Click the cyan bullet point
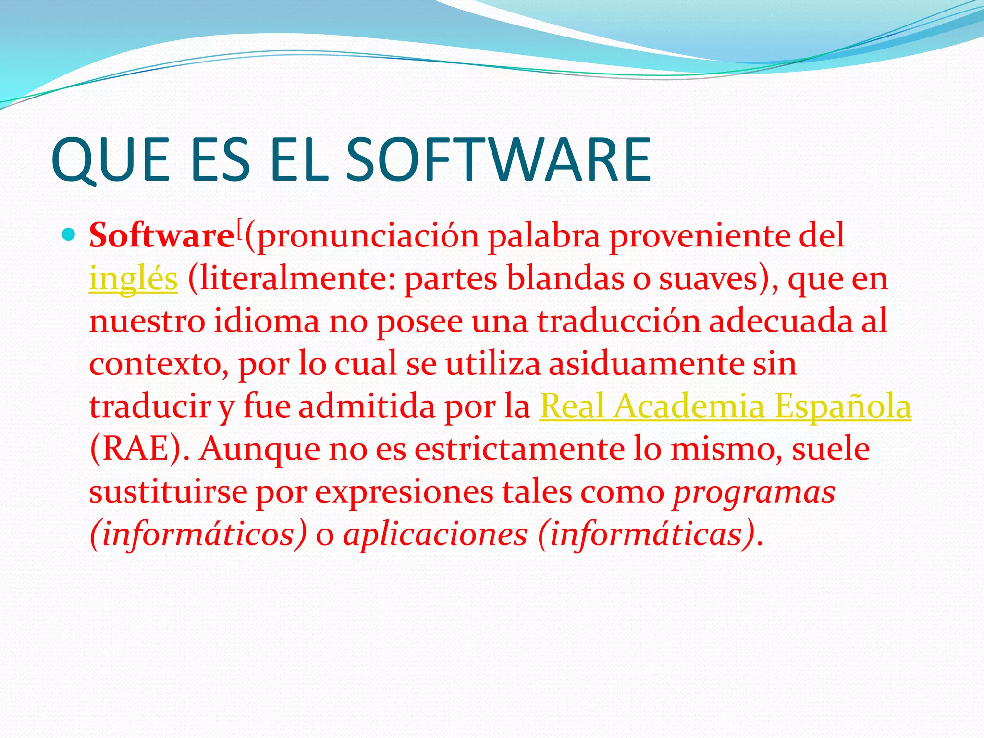(69, 235)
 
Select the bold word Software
(161, 236)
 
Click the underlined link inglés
(133, 279)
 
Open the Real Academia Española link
(725, 406)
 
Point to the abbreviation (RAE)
(140, 449)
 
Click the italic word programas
(754, 492)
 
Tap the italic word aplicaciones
(435, 535)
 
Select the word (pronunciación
(362, 237)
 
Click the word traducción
(618, 321)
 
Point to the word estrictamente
(519, 449)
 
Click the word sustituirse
(168, 492)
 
